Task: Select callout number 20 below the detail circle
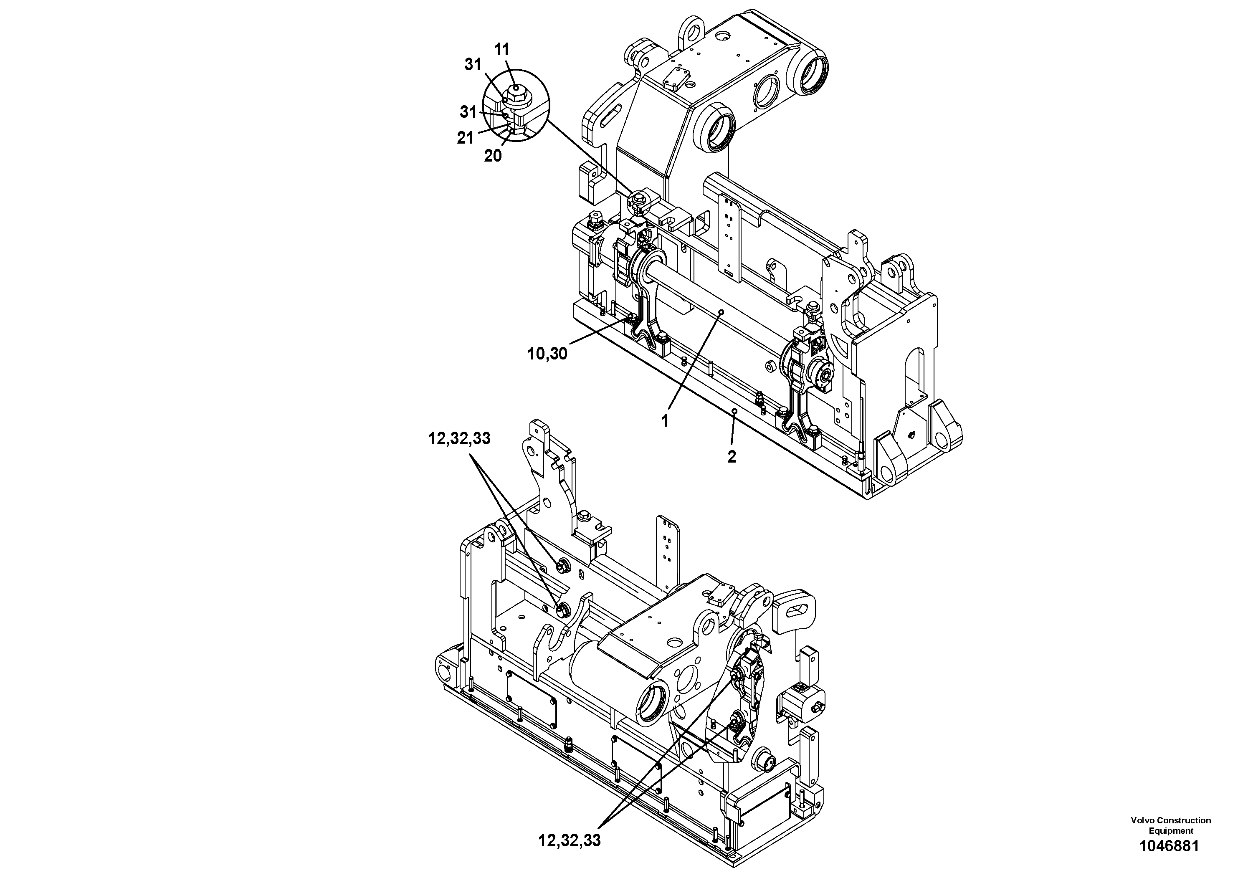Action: click(493, 156)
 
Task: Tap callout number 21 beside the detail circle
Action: click(465, 138)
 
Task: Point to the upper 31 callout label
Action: click(473, 64)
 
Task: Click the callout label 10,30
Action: click(547, 354)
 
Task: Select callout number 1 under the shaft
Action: click(664, 420)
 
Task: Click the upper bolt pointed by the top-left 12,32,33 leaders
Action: click(562, 566)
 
